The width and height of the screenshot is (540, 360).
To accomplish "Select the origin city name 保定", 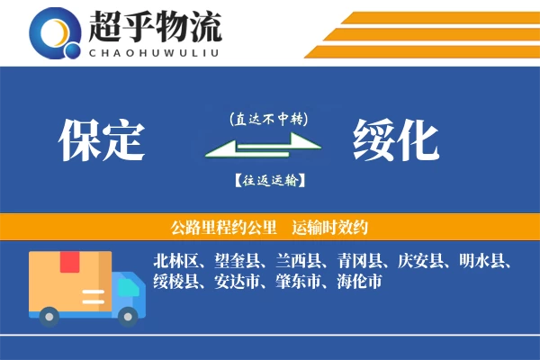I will coord(101,140).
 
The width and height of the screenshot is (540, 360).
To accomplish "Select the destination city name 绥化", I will coord(396,140).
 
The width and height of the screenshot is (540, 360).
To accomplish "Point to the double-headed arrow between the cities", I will coord(262,148).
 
